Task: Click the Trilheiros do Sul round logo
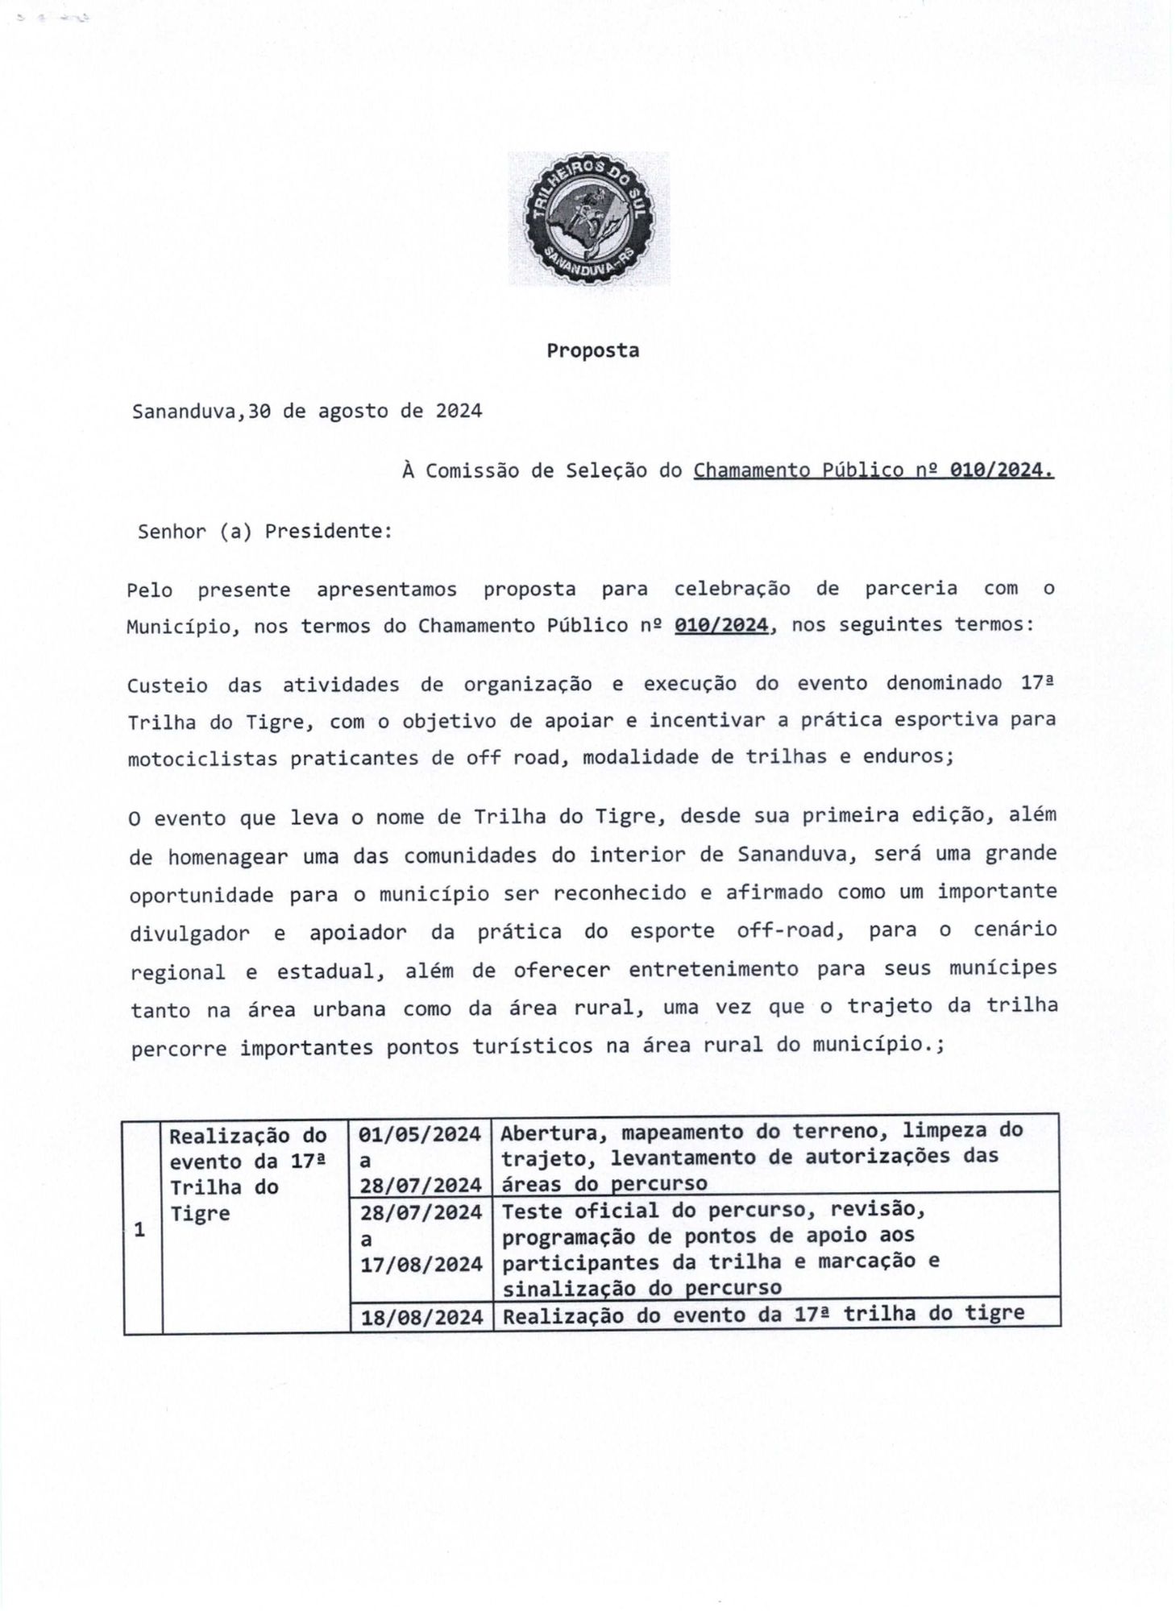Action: coord(588,218)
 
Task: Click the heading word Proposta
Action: coord(592,351)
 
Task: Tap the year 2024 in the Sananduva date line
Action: coord(459,411)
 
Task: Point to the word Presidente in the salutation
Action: coord(328,532)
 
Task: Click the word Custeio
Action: coord(166,685)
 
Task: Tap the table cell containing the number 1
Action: coord(141,1231)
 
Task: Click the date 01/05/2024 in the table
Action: coord(421,1135)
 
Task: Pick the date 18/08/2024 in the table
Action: coord(421,1317)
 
